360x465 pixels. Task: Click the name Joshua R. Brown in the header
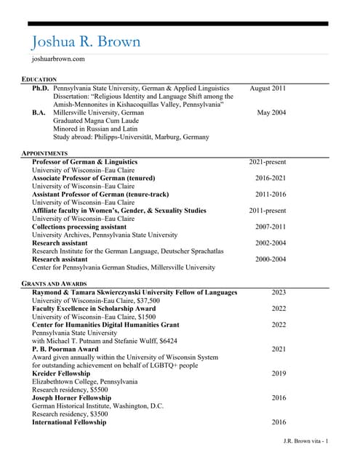(86, 41)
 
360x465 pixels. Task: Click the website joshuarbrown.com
(59, 59)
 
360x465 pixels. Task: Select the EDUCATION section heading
(39, 78)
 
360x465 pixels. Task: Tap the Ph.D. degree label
(41, 88)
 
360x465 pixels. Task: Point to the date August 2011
(268, 88)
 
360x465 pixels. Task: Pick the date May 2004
(271, 113)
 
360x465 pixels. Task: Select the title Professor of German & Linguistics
(84, 162)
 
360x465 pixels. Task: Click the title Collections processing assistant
(79, 227)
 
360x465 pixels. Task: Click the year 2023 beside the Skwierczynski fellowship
(279, 292)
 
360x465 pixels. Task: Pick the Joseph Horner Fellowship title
(70, 398)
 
